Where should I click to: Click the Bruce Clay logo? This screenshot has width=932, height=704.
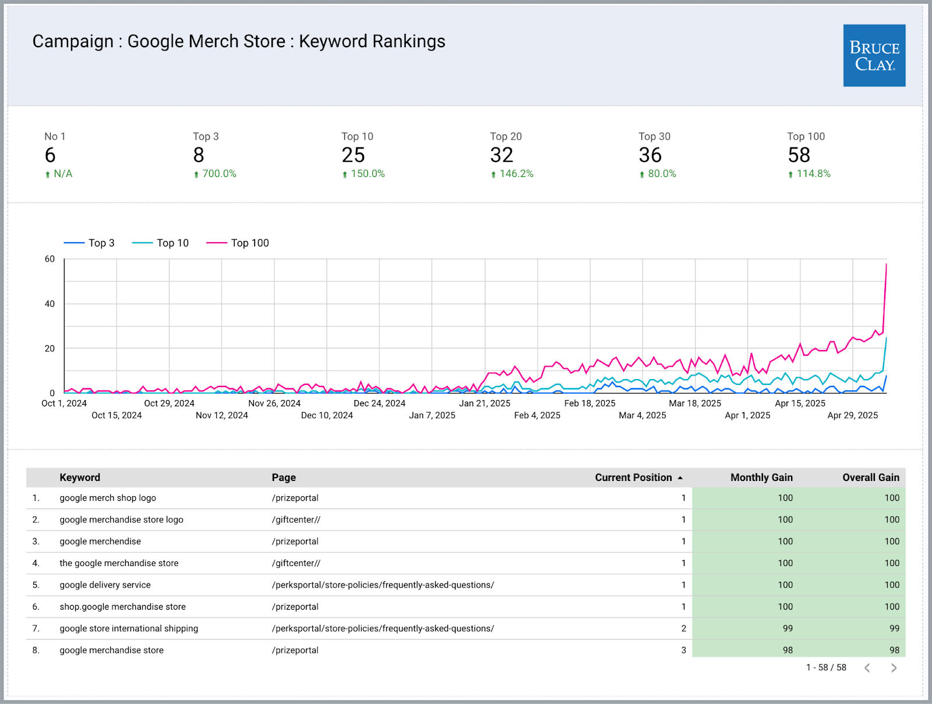(874, 55)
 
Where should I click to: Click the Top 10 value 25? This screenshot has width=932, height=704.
(353, 155)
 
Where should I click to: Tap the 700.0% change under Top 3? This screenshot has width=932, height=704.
(218, 174)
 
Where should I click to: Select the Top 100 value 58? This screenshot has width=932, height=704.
(799, 155)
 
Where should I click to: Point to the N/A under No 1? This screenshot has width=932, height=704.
(62, 174)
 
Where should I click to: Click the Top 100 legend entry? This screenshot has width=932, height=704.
(238, 243)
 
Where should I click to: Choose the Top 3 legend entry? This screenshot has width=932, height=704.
(90, 243)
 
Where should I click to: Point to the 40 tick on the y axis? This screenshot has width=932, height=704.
(50, 303)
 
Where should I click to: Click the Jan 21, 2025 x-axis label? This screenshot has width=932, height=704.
(484, 403)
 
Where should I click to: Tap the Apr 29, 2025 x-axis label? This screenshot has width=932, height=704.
(852, 415)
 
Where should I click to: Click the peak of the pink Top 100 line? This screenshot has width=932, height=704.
(886, 265)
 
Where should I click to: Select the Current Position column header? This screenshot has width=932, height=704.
(633, 477)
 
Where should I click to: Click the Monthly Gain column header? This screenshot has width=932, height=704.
(761, 477)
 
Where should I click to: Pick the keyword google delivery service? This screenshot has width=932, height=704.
(105, 585)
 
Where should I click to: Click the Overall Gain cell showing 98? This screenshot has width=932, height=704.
(894, 650)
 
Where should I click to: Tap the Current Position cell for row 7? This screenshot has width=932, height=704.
(683, 628)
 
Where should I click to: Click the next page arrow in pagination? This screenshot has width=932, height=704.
(894, 668)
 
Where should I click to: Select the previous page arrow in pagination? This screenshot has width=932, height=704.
(867, 668)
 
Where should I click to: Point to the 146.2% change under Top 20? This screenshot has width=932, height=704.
(516, 174)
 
